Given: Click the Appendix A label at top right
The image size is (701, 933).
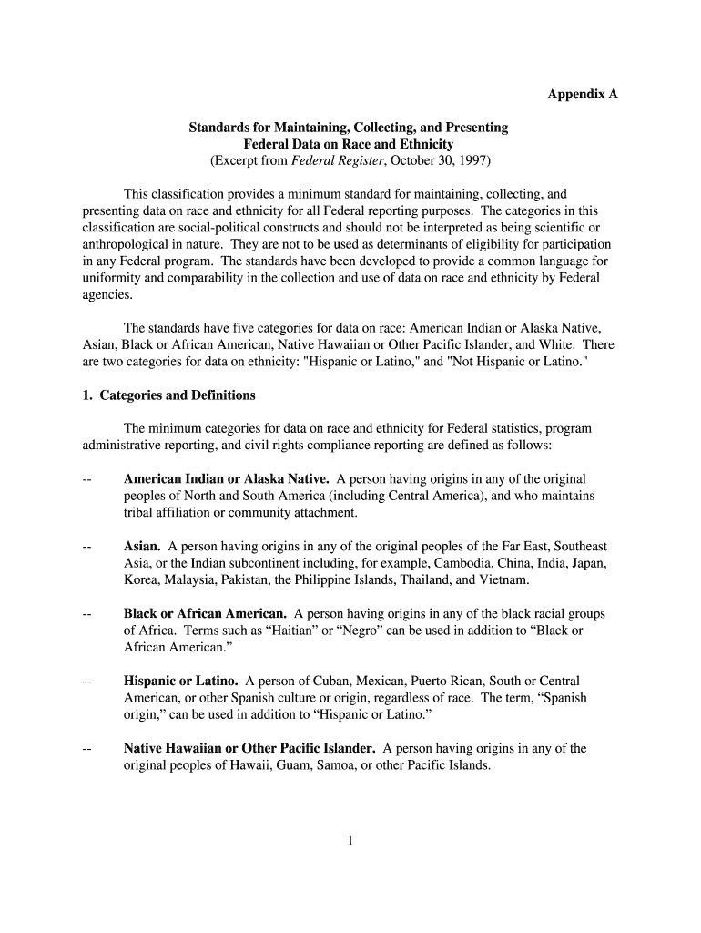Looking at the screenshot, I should [x=582, y=94].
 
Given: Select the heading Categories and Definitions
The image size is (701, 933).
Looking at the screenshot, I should [x=177, y=395].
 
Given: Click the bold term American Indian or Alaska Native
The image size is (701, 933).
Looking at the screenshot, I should [x=227, y=478].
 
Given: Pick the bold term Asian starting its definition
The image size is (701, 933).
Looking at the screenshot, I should [x=142, y=546].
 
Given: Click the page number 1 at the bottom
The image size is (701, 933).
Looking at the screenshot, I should [x=350, y=841].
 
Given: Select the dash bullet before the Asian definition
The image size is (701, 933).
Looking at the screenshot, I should [x=86, y=546].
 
